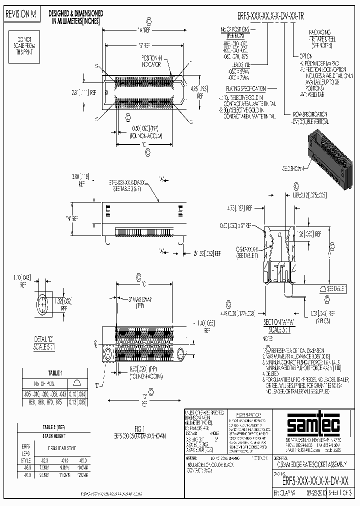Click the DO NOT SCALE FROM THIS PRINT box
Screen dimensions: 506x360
click(x=24, y=42)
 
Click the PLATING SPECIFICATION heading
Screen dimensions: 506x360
click(x=245, y=87)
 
